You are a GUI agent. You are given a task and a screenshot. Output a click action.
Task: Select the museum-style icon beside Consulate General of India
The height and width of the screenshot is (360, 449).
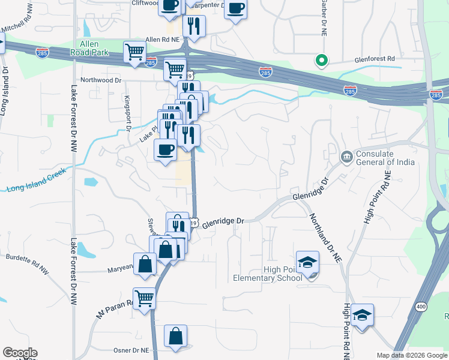pyautogui.click(x=346, y=157)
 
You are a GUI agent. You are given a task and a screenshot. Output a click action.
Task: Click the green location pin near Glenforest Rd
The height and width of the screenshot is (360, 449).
pyautogui.click(x=321, y=60)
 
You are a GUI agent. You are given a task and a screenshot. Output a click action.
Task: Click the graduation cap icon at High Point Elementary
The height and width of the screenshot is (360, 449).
pyautogui.click(x=307, y=263)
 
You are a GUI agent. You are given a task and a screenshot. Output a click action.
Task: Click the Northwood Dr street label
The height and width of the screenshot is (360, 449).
pyautogui.click(x=101, y=80)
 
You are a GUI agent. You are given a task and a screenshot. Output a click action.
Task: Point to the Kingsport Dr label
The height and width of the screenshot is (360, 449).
pyautogui.click(x=127, y=112)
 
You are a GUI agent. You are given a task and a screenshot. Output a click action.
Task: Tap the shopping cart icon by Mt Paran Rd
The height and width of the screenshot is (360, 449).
pyautogui.click(x=144, y=298)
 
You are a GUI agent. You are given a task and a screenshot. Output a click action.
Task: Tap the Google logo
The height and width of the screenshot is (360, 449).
pyautogui.click(x=19, y=353)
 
